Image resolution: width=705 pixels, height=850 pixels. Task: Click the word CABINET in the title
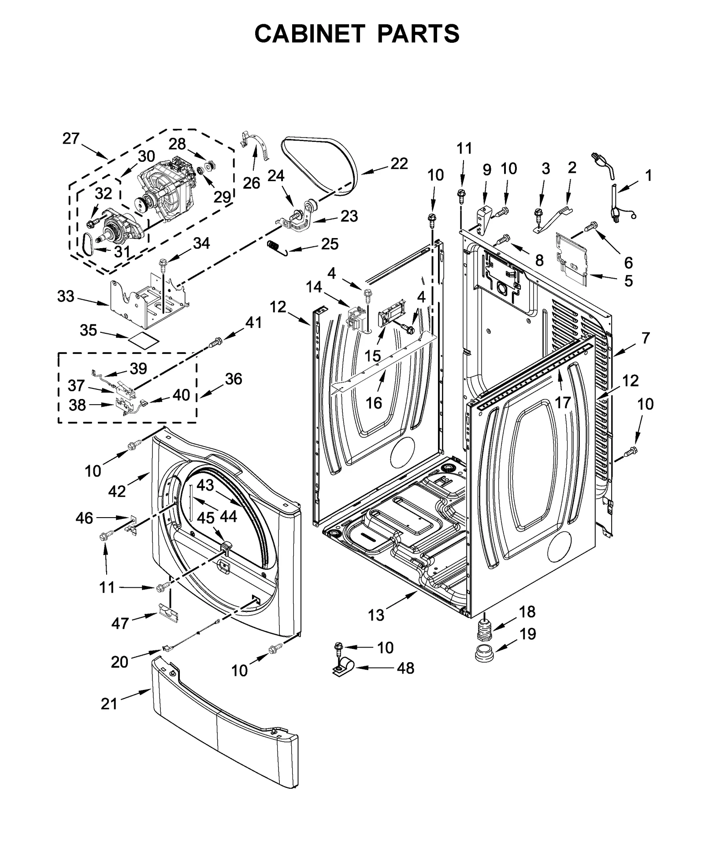point(309,33)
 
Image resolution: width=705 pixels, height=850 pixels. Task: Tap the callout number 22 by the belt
point(399,164)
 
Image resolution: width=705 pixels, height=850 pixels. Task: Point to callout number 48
point(405,668)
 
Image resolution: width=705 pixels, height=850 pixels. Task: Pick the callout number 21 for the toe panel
point(109,704)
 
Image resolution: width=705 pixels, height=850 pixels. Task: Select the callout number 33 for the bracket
point(66,296)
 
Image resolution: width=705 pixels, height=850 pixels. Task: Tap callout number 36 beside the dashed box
point(234,378)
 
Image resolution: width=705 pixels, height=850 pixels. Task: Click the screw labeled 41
point(216,341)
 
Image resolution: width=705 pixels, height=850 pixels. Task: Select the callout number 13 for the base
point(376,615)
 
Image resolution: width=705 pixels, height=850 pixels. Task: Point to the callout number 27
point(70,138)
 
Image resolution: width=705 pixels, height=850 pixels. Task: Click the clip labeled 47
point(169,613)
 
